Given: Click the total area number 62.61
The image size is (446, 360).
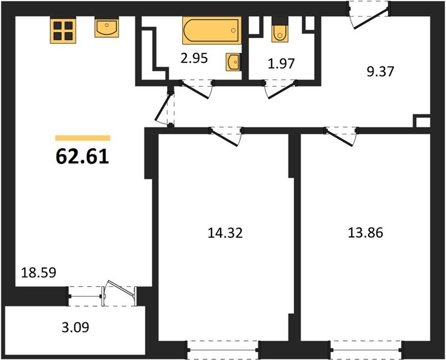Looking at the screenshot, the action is point(83,157).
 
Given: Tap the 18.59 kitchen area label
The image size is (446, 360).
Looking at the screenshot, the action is point(39,272).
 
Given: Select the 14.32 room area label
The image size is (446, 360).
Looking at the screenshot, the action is point(225,233).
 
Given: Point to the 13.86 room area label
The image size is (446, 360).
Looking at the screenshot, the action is point(366,233).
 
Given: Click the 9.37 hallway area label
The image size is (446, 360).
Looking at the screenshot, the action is point(380,71).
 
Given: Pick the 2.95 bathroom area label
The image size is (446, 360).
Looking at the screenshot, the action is point(195,58).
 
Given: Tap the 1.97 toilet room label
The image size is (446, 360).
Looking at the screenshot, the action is point(281,64).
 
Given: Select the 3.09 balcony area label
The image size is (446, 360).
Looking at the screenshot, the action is point(76,327).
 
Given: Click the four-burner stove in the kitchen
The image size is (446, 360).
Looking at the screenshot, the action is point(63,31).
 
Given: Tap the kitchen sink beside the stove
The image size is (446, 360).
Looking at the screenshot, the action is point(107,28).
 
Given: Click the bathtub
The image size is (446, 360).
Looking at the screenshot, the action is point(212,31).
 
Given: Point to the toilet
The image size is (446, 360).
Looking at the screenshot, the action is point(280,29).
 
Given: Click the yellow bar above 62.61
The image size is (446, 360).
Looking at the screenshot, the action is point(83,138).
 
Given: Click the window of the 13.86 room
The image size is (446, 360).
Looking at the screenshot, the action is point(367,350).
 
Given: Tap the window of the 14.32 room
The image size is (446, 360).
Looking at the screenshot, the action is point(223,350).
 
